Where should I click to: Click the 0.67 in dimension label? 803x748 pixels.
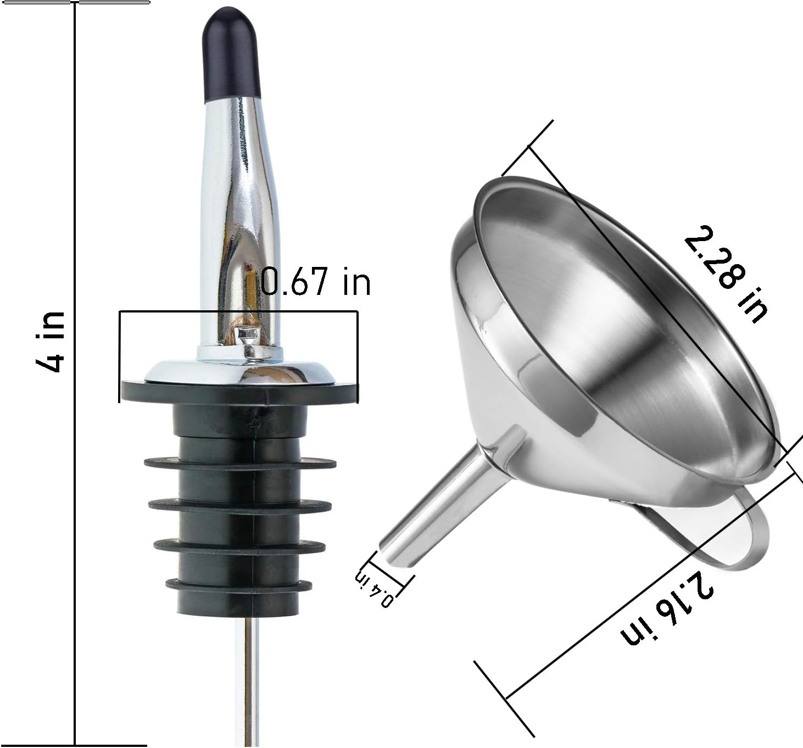[315, 282]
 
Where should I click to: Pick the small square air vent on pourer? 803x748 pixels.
[247, 333]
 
